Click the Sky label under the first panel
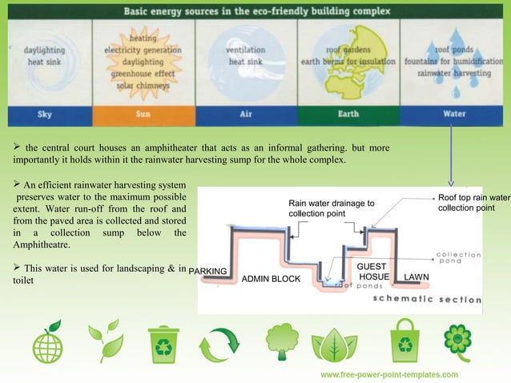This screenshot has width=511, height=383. click(x=46, y=114)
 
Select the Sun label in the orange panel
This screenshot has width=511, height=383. click(x=143, y=114)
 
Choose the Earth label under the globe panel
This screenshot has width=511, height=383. click(x=348, y=114)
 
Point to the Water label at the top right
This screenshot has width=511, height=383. click(x=454, y=114)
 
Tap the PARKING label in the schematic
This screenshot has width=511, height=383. click(x=208, y=271)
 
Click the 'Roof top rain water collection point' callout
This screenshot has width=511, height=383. click(x=473, y=203)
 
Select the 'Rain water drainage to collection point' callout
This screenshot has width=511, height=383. click(x=331, y=209)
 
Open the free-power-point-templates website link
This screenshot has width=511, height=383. click(x=389, y=374)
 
